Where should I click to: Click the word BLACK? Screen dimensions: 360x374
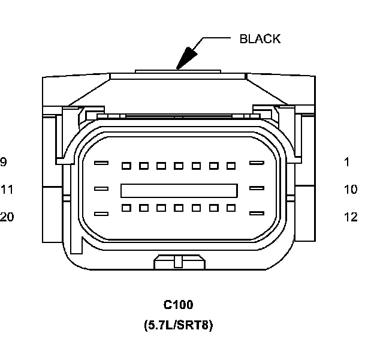tap(260, 39)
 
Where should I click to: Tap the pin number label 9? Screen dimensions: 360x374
tap(4, 161)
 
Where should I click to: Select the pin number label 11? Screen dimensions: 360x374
tap(7, 190)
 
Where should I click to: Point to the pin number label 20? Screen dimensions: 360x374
tap(7, 217)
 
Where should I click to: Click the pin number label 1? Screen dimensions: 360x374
tap(346, 161)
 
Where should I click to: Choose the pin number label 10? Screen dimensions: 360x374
tap(351, 190)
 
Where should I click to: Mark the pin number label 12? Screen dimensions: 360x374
tap(351, 217)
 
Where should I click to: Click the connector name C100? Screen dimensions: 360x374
tap(178, 305)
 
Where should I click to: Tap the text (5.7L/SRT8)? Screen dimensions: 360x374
tap(178, 326)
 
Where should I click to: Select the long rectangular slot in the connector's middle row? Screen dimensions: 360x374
tap(179, 190)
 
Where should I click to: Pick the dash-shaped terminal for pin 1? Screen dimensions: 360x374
tap(257, 163)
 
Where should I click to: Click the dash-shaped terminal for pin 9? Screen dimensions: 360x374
tap(101, 163)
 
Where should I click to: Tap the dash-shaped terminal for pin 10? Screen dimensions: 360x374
tap(257, 188)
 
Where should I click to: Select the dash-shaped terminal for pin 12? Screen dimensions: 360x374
tap(257, 214)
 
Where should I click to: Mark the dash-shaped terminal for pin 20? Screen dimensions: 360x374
tap(101, 214)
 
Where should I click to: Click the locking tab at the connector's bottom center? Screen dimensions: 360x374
tap(178, 262)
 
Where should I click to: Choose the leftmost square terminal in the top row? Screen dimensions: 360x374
tap(126, 165)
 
